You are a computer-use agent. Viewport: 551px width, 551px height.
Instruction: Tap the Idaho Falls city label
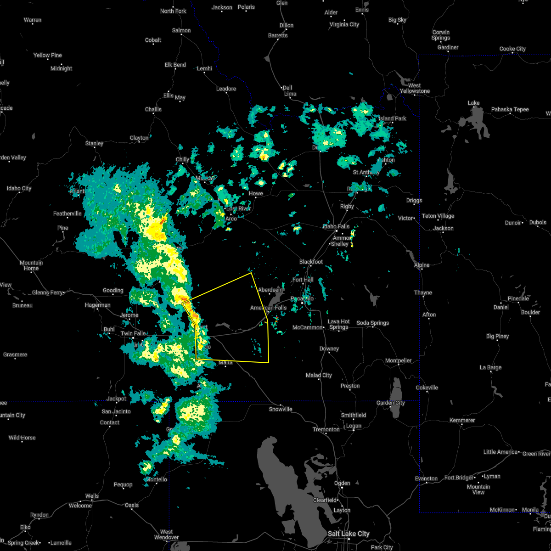point(337,226)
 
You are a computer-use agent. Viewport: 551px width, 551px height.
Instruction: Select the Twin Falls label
point(133,333)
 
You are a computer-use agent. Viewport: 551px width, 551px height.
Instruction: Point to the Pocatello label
point(302,299)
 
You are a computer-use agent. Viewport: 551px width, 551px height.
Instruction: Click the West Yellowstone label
point(415,88)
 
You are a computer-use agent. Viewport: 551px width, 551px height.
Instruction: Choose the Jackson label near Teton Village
point(443,228)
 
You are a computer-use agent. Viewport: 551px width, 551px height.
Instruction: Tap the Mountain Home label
point(31,265)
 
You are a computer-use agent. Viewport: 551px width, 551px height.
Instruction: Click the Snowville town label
point(281,409)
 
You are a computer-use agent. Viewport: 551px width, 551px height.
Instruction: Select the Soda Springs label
point(373,323)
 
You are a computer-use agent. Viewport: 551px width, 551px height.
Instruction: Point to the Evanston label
point(426,478)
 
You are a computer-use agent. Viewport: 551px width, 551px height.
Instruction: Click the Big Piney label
point(498,336)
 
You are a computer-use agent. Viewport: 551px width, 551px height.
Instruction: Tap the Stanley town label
point(94,143)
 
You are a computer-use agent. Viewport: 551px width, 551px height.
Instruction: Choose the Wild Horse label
point(22,438)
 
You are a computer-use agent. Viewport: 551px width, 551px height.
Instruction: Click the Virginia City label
point(344,24)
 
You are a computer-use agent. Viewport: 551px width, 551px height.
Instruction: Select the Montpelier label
point(398,360)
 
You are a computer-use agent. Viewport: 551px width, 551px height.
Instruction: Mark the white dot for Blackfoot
point(311,267)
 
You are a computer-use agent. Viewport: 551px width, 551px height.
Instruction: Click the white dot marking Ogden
point(342,489)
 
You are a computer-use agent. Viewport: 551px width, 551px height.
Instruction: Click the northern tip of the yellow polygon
point(251,273)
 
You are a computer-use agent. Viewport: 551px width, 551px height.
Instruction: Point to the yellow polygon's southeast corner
point(269,362)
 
